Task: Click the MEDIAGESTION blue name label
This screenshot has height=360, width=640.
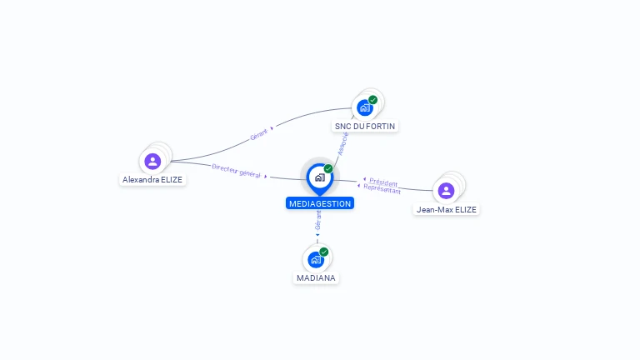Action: coord(320,203)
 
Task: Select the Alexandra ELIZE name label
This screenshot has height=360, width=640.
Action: coord(152,180)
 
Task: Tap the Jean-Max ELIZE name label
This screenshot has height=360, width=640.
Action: coord(446,209)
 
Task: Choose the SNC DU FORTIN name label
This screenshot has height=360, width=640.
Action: coord(365,126)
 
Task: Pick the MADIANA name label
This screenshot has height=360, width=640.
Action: coord(316,278)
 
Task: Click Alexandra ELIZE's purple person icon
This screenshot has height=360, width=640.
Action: coord(152,161)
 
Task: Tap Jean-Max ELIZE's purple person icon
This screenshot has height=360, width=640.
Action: coord(446,191)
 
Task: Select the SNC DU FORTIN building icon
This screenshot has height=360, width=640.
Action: coord(365,107)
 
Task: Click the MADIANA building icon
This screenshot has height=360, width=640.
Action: coord(316,260)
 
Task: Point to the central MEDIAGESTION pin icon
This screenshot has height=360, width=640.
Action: coord(320,178)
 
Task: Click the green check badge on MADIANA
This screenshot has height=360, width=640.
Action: coord(324,252)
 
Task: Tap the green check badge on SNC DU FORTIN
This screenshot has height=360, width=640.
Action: coord(373,100)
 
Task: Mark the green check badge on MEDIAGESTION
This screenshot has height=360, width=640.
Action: coord(328,168)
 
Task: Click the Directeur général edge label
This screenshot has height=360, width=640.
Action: coord(236,171)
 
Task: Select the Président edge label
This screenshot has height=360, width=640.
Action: coord(383,182)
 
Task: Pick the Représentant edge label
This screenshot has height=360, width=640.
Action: coord(382,188)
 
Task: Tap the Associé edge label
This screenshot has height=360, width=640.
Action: coord(342,143)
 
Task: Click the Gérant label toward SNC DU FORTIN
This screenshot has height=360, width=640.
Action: coord(259,134)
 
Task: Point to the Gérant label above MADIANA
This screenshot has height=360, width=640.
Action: coord(318,220)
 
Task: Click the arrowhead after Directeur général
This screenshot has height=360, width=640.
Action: coord(266,177)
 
